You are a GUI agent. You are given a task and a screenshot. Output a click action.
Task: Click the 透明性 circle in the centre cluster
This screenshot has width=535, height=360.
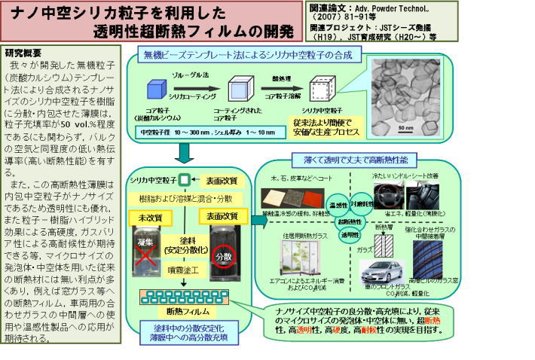[x=348, y=234]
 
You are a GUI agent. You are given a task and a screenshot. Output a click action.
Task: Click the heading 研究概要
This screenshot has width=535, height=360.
[x=24, y=53]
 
